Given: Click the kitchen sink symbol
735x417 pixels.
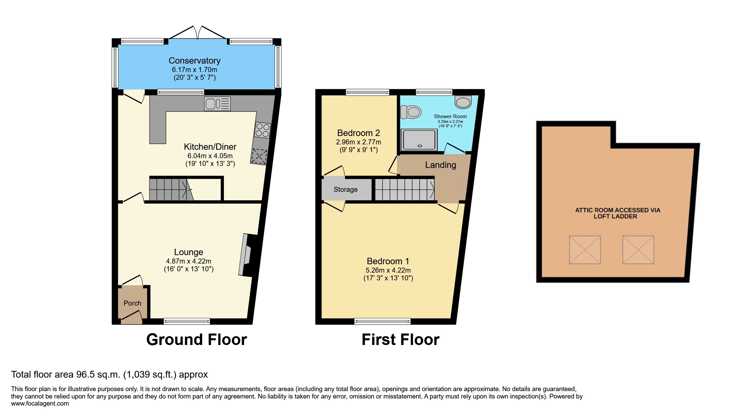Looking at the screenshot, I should pyautogui.click(x=217, y=104).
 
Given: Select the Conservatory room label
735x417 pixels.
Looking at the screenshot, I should pyautogui.click(x=194, y=61).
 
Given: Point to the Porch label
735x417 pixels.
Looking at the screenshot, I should pyautogui.click(x=132, y=303).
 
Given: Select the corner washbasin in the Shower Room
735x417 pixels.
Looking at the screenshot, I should pyautogui.click(x=463, y=102).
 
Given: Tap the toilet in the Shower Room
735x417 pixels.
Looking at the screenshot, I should pyautogui.click(x=411, y=112).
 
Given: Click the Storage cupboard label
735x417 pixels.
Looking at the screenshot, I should pyautogui.click(x=345, y=189).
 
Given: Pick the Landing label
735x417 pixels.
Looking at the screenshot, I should pyautogui.click(x=440, y=165).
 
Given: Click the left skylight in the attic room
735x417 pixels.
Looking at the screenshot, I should pyautogui.click(x=585, y=250).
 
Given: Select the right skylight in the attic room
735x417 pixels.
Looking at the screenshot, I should pyautogui.click(x=638, y=250).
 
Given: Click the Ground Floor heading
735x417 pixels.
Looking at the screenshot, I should pyautogui.click(x=197, y=340).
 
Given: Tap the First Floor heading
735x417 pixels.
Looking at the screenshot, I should pyautogui.click(x=400, y=340).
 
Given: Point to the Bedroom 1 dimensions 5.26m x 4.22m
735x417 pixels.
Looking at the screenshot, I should pyautogui.click(x=388, y=270).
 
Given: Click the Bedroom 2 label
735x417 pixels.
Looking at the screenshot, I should pyautogui.click(x=358, y=133).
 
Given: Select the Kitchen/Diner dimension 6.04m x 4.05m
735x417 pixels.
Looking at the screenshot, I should pyautogui.click(x=210, y=156).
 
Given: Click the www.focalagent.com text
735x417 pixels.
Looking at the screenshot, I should pyautogui.click(x=40, y=404).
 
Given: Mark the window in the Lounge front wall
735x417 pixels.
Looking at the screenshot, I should pyautogui.click(x=187, y=321).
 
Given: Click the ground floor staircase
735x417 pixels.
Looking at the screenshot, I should pyautogui.click(x=170, y=190).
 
